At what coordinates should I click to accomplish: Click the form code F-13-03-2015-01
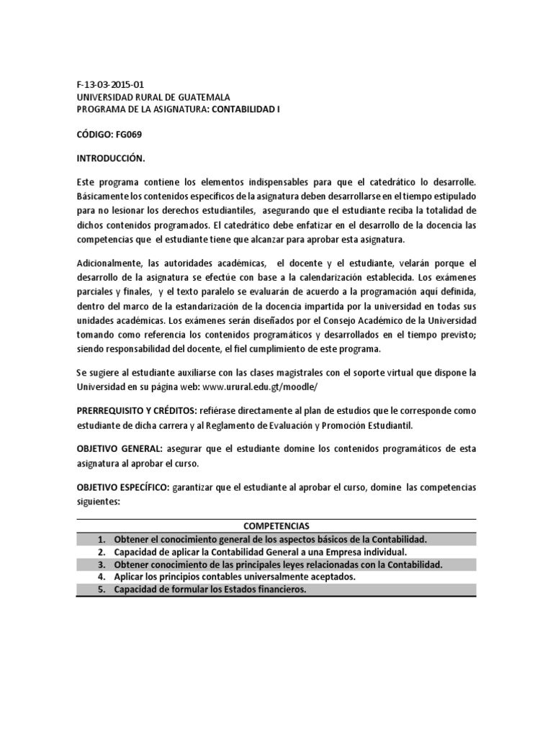[115, 84]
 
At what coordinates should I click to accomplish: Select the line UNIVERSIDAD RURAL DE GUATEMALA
[153, 96]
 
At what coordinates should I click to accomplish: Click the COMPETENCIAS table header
[276, 525]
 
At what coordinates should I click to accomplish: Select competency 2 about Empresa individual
[260, 551]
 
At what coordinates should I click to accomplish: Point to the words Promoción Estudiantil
[370, 425]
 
